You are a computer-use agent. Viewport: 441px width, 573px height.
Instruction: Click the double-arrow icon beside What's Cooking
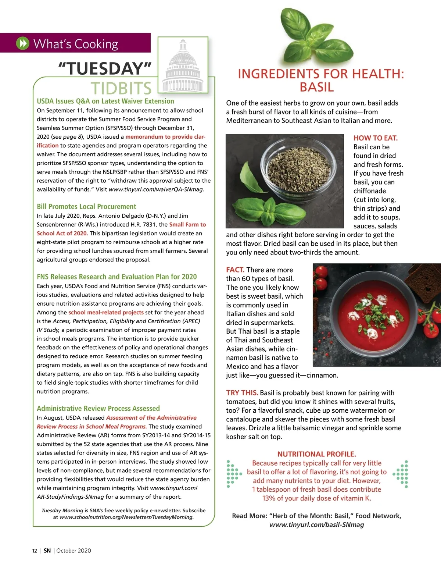point(22,43)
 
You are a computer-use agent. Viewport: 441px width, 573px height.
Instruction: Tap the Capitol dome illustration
point(183,66)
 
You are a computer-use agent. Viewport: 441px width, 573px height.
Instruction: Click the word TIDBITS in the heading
point(121,88)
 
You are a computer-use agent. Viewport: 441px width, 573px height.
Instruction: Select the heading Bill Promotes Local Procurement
point(86,206)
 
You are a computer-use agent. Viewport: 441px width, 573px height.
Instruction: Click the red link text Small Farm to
point(187,224)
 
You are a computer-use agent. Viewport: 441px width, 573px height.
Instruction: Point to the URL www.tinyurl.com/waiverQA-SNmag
point(156,189)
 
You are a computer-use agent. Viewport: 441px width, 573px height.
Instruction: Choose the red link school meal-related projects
point(106,312)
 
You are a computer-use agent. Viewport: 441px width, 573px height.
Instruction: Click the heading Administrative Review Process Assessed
point(98,408)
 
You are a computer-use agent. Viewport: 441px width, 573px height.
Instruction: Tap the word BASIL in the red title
point(316,88)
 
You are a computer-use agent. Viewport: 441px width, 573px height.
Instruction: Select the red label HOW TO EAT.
point(375,138)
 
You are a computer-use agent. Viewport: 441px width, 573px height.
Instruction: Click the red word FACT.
point(235,270)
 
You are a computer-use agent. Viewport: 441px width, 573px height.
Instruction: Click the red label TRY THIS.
point(242,393)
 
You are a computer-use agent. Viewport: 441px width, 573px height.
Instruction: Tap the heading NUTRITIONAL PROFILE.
point(316,454)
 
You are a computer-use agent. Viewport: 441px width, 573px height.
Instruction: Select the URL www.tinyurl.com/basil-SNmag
point(316,525)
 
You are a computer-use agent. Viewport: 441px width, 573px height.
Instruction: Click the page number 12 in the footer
point(35,551)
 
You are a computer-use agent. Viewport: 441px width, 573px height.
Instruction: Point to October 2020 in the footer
point(73,551)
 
